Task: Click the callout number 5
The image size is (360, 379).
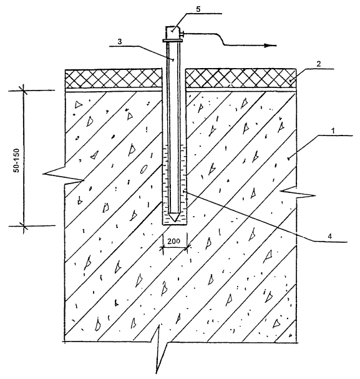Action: pos(198,9)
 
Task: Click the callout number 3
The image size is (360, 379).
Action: pos(120,41)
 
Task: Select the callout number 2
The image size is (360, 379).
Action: pos(319,64)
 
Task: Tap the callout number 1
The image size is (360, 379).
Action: pos(333,130)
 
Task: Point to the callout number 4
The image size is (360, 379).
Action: pos(330,236)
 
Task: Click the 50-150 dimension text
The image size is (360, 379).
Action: pos(17,160)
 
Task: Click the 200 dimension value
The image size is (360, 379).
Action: pos(174,241)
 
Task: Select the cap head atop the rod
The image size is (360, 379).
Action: pos(172,33)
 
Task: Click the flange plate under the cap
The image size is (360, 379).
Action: pos(172,41)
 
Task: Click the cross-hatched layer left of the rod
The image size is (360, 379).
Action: pos(114,78)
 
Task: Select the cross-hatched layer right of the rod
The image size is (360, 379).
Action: pos(240,78)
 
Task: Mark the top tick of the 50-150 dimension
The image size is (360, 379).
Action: pos(24,91)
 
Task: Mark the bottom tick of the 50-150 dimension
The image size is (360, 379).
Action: pos(24,226)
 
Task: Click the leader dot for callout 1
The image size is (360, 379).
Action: pos(288,159)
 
